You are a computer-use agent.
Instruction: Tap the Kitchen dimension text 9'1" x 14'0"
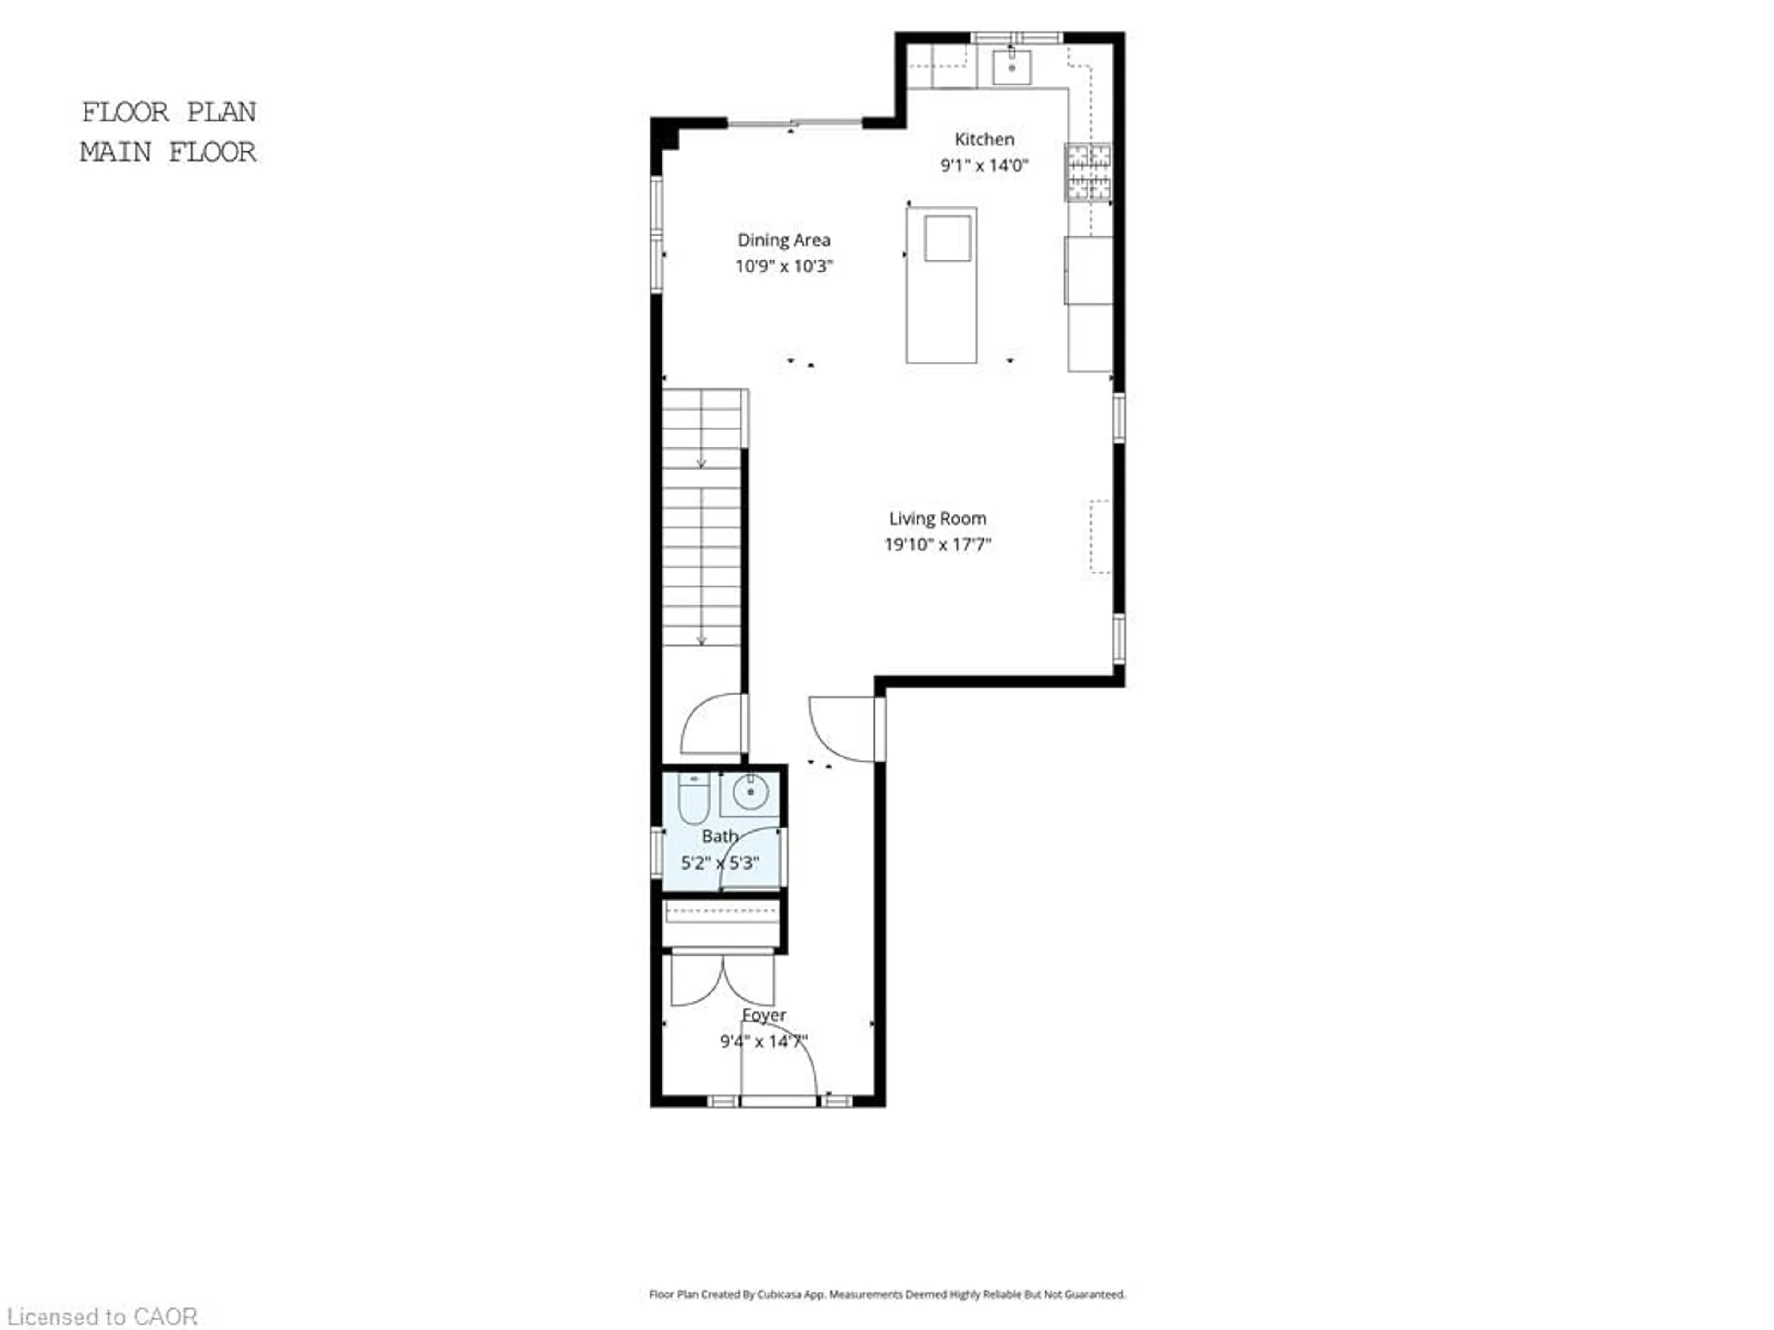click(x=984, y=166)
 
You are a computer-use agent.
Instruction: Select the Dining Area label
click(x=784, y=240)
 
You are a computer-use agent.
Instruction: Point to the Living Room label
click(x=937, y=519)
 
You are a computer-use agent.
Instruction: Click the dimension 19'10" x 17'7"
click(x=937, y=545)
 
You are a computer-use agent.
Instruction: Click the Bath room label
click(x=719, y=836)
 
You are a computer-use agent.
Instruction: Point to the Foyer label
click(x=764, y=1015)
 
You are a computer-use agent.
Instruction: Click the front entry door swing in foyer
click(x=778, y=1062)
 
